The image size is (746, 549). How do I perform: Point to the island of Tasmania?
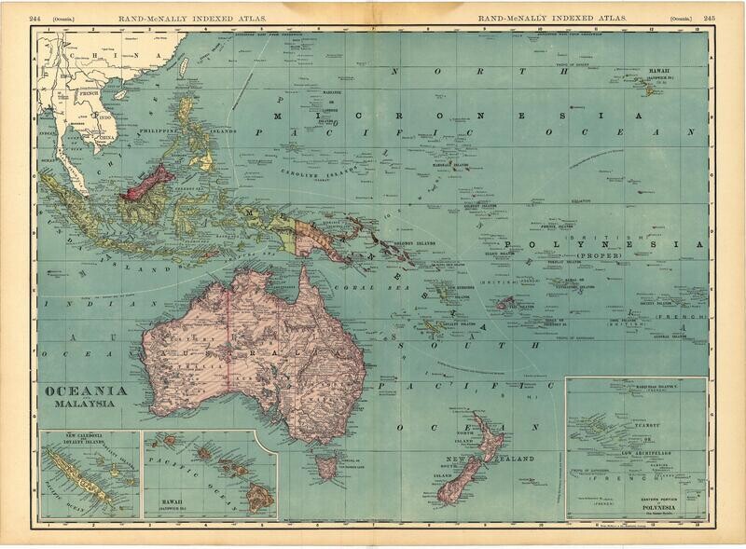click(x=326, y=460)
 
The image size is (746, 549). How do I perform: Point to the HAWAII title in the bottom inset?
click(x=168, y=497)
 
